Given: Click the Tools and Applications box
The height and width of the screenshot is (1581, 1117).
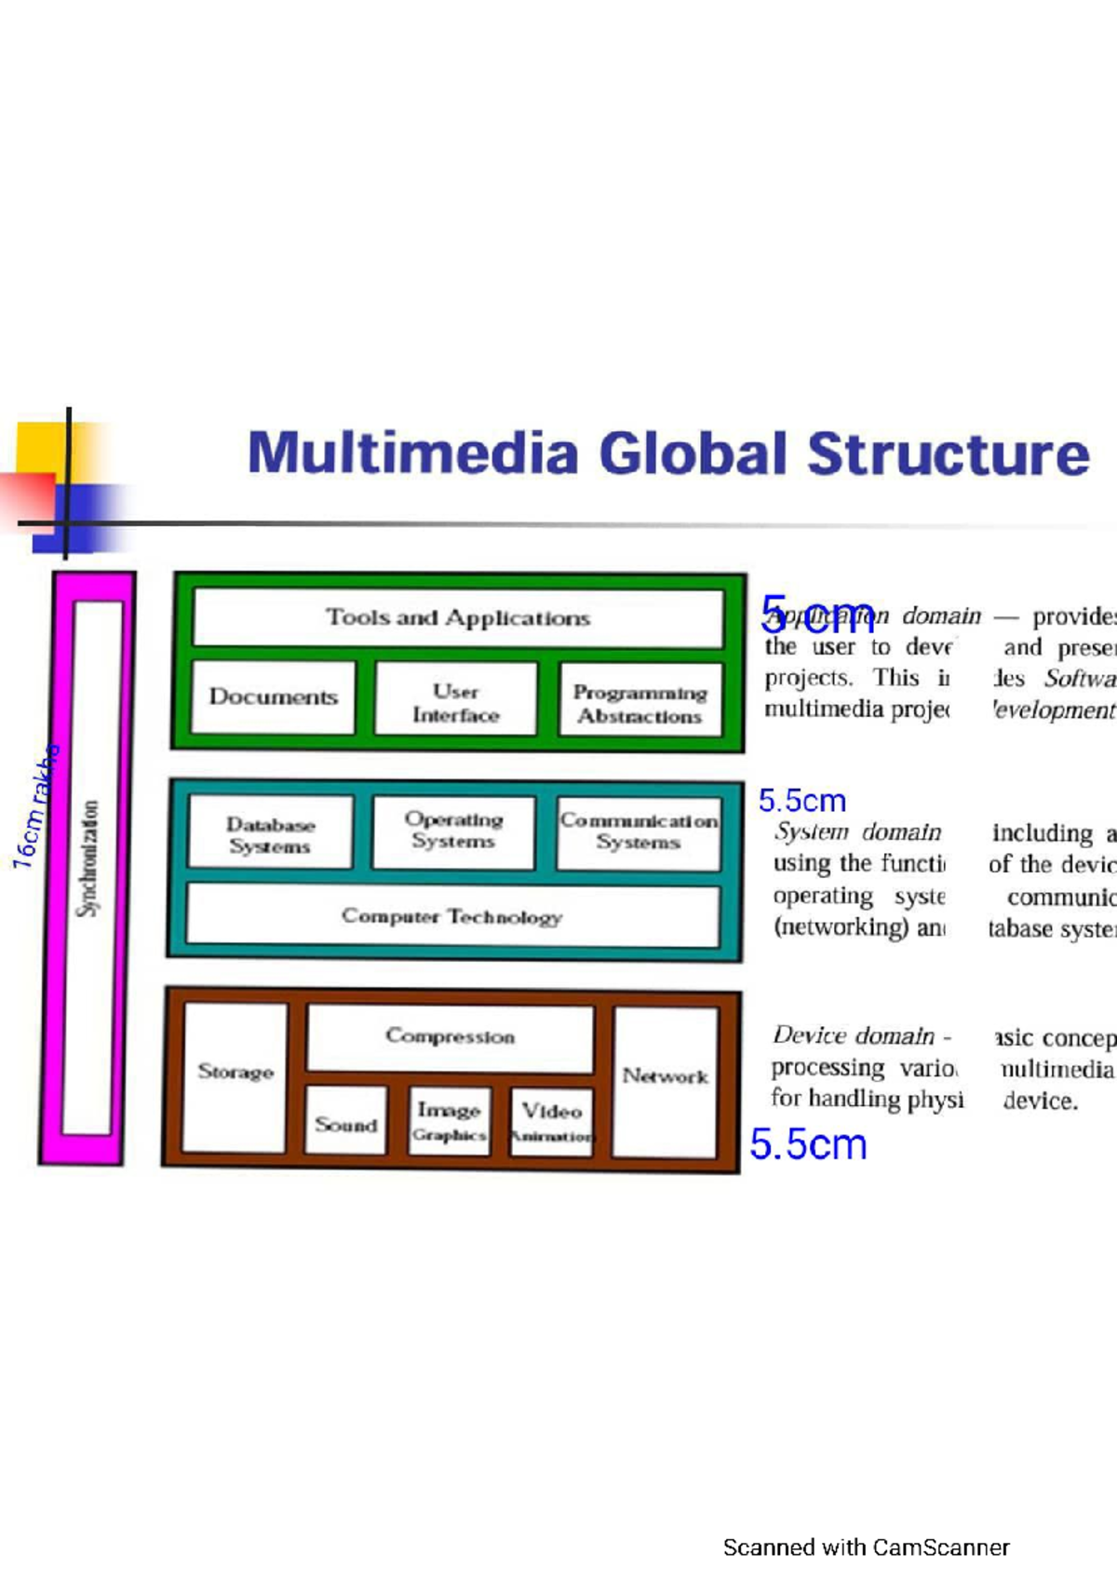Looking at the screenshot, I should tap(458, 617).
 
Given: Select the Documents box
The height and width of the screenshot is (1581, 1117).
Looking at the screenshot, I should tap(273, 697).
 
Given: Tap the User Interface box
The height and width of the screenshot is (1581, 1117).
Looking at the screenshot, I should tap(456, 703).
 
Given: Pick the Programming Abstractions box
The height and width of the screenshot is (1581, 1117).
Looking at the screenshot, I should tap(640, 704).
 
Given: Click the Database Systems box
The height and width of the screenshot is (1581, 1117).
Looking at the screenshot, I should tap(270, 834).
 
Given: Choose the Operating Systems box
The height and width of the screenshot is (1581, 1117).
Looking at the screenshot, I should tap(453, 831).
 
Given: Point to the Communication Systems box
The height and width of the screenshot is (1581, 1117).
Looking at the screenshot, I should tap(639, 831).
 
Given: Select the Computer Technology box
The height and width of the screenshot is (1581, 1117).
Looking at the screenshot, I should tap(452, 916).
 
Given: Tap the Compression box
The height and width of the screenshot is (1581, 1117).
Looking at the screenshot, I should tap(450, 1036).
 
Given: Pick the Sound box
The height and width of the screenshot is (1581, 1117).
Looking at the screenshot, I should tap(345, 1124).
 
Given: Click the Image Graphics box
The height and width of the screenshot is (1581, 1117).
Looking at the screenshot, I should tap(450, 1121).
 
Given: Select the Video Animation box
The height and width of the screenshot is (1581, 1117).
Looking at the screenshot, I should tap(552, 1122).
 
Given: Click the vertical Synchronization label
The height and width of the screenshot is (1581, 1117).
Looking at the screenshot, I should tap(88, 858).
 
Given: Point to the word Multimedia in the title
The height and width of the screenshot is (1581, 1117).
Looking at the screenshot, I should tap(413, 453).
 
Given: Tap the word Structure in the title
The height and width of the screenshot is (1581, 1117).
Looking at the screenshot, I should tap(948, 453).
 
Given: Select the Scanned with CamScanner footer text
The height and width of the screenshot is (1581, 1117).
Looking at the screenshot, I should tap(866, 1547).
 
